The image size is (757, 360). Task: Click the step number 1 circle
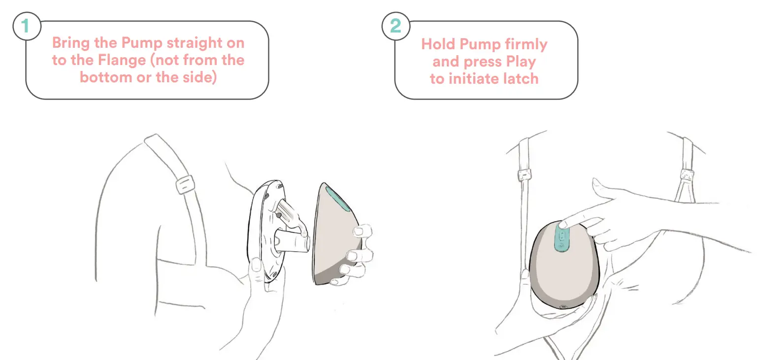click(x=25, y=26)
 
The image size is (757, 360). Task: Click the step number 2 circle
click(x=395, y=26)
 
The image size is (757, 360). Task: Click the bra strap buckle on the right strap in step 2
click(x=687, y=174)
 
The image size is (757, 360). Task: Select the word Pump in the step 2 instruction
click(x=473, y=45)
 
